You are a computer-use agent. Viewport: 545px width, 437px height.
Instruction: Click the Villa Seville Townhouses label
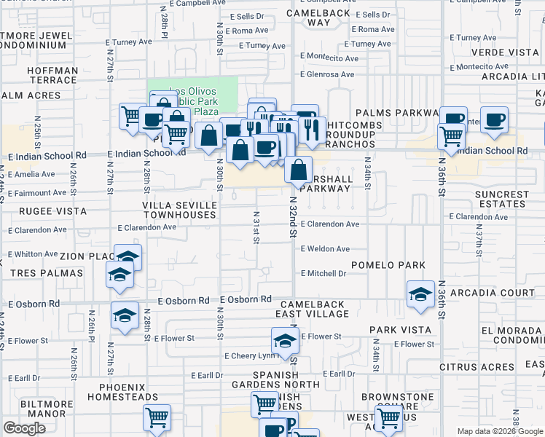point(179,210)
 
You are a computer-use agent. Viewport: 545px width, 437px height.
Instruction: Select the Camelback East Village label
point(313,309)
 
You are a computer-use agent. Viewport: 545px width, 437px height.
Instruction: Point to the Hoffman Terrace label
point(52,76)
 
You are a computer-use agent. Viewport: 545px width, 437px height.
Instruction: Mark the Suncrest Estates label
point(502,200)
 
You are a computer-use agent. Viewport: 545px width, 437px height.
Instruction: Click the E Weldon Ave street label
point(324,248)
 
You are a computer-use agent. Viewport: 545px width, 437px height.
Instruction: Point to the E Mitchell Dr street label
point(323,274)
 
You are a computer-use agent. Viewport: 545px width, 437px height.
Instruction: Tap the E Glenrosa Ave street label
point(326,74)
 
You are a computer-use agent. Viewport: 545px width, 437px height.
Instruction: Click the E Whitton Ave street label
point(33,254)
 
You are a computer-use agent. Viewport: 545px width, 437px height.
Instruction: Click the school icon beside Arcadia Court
point(420,293)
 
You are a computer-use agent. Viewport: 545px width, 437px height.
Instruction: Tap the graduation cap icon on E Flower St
point(285,339)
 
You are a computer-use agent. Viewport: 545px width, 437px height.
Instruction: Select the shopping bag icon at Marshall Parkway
point(298,171)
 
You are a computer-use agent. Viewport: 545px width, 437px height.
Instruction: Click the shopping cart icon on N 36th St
point(451,135)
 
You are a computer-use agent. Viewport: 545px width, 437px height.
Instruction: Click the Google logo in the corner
point(25,428)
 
